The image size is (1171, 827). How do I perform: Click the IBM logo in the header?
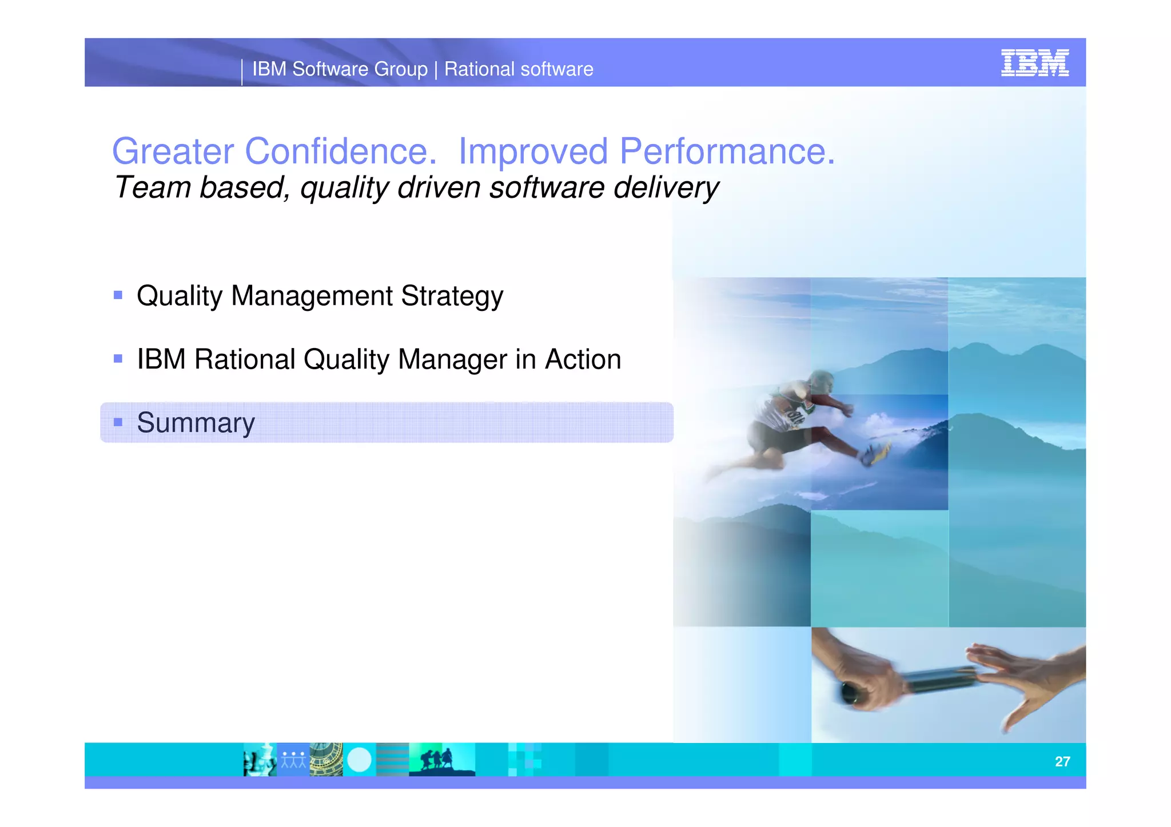pos(1034,62)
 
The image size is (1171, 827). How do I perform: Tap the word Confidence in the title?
pos(337,151)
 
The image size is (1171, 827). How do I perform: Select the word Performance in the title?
pos(727,151)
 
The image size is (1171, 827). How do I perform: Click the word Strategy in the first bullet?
pos(452,296)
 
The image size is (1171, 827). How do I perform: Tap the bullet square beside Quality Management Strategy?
pos(118,295)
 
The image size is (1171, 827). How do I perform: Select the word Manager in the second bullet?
pos(452,359)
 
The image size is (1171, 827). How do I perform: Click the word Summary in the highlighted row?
pos(196,423)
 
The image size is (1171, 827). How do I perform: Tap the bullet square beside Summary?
pos(118,422)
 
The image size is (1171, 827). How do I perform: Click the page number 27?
pos(1062,761)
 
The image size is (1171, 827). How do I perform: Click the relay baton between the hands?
pos(938,680)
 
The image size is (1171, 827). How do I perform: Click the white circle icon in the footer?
pos(359,760)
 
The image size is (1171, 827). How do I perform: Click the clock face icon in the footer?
pos(326,760)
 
